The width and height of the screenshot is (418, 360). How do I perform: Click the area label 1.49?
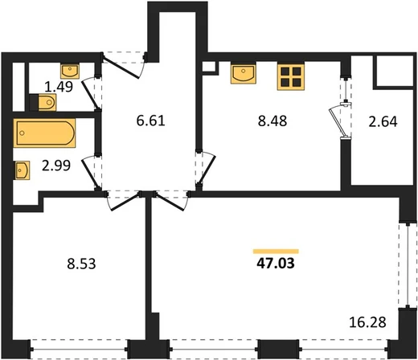tap(59, 87)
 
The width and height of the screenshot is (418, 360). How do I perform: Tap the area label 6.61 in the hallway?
tap(150, 121)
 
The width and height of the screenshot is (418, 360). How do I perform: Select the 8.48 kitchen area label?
tap(273, 121)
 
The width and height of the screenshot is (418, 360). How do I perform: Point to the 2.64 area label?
tap(383, 122)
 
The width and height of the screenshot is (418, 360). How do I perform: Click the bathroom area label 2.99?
tap(56, 166)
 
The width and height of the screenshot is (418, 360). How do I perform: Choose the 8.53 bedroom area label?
tap(81, 264)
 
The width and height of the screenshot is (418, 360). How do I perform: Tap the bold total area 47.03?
tap(276, 264)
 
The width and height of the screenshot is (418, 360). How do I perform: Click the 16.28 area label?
tap(367, 322)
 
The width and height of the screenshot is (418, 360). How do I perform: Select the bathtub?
tap(44, 133)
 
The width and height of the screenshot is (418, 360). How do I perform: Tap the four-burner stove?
tap(291, 76)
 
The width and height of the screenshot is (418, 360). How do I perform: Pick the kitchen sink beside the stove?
tap(244, 73)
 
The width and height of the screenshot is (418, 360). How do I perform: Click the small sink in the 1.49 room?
tap(70, 71)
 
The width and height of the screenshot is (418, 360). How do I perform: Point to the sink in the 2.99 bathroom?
tap(22, 170)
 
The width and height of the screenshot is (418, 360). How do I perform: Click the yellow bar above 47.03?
tap(276, 252)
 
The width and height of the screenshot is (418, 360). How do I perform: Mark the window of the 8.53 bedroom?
tap(79, 350)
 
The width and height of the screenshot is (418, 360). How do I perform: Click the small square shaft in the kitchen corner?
tap(209, 67)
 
